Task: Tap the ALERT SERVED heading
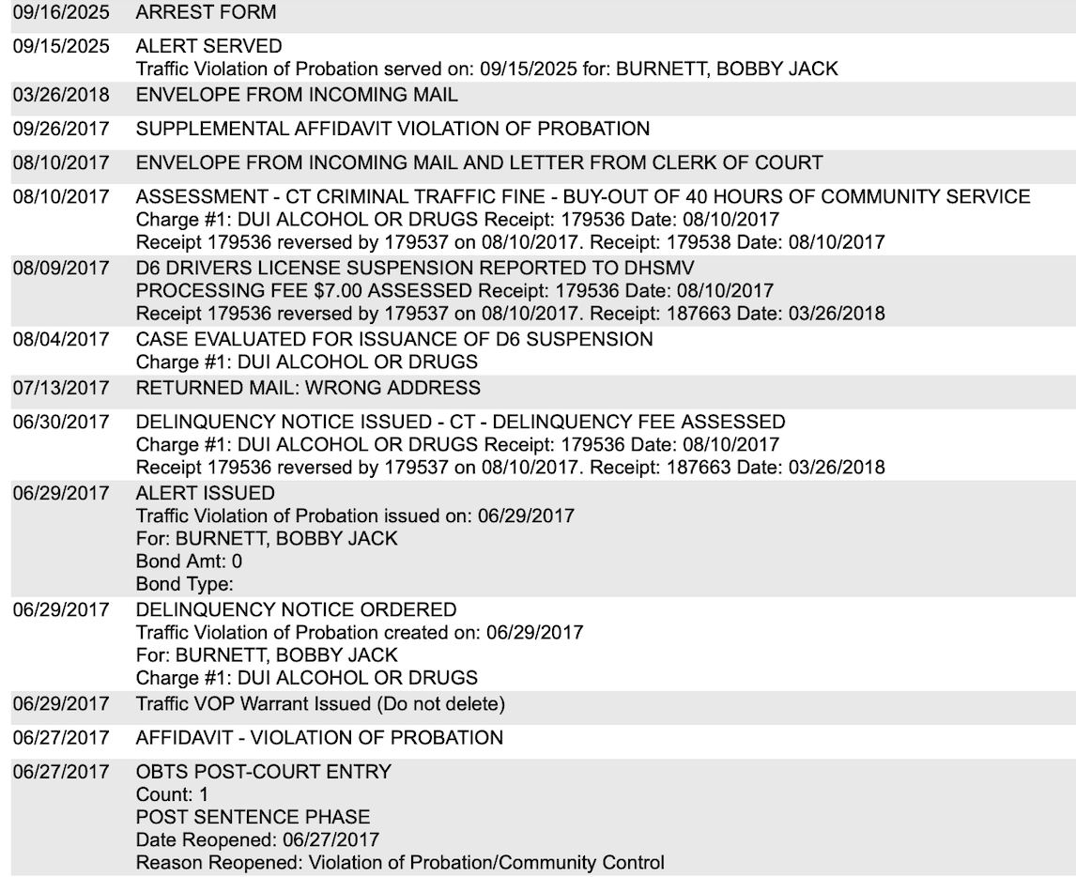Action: (x=208, y=46)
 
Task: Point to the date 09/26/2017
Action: (x=60, y=129)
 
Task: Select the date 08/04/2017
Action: (x=60, y=339)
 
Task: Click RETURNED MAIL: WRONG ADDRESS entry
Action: (x=308, y=387)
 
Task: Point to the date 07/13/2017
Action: (x=60, y=387)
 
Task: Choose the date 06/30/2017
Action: (x=60, y=422)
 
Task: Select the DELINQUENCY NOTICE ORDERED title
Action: (x=297, y=609)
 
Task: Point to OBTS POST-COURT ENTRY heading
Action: (x=264, y=772)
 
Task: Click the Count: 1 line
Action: (x=172, y=794)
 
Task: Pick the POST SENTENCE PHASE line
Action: (x=254, y=817)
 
